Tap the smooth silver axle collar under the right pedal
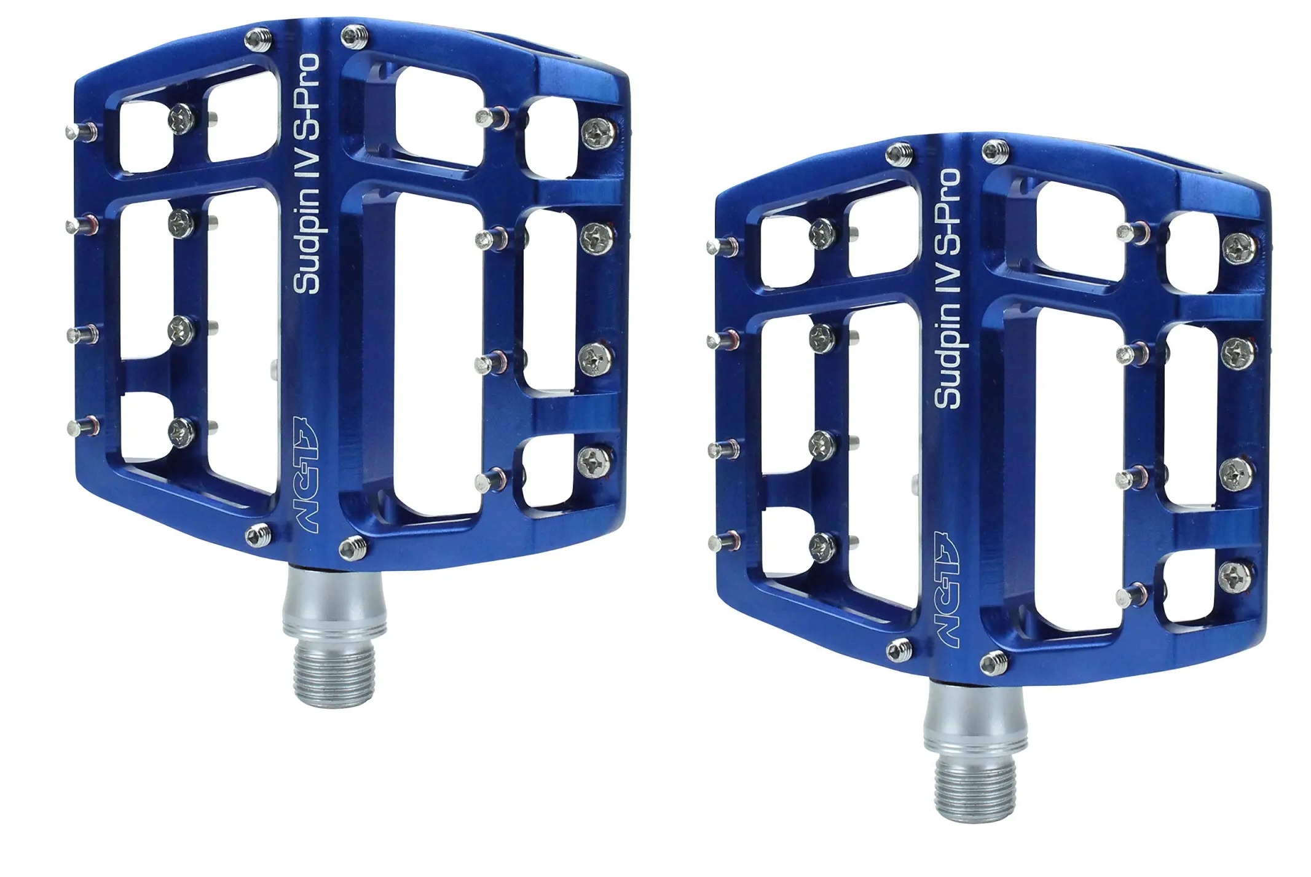[x=977, y=719]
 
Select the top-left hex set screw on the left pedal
[x=257, y=40]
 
